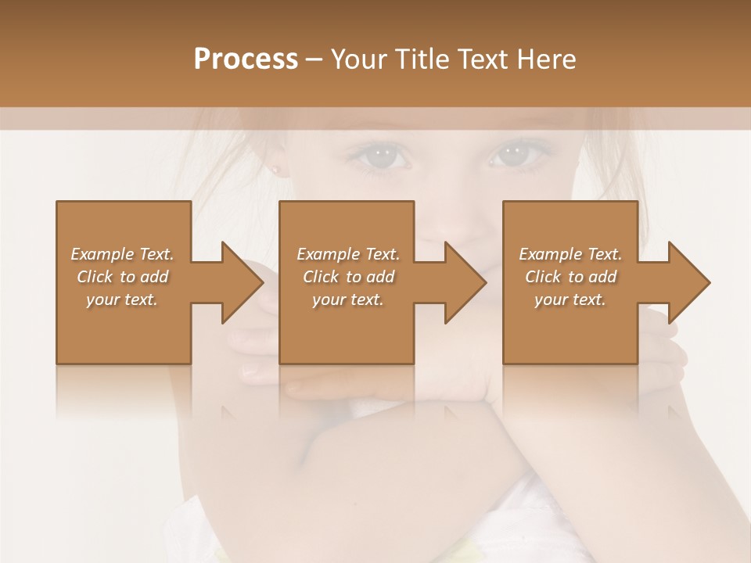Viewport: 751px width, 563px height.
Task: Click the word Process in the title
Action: (x=246, y=59)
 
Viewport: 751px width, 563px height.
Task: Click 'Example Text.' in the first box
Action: (x=122, y=254)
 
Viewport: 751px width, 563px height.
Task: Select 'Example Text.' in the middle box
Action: (x=348, y=254)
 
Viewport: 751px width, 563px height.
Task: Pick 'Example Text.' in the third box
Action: (x=570, y=254)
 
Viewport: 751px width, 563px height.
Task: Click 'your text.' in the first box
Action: (x=122, y=299)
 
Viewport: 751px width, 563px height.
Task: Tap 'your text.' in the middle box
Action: (x=348, y=299)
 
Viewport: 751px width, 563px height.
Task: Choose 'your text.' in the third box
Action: (x=570, y=299)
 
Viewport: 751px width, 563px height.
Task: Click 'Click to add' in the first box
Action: (x=122, y=277)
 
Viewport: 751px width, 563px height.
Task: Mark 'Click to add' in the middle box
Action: (x=348, y=277)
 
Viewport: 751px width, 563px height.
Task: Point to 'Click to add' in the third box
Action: (x=570, y=277)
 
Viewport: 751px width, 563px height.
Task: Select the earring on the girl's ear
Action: (x=276, y=169)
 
